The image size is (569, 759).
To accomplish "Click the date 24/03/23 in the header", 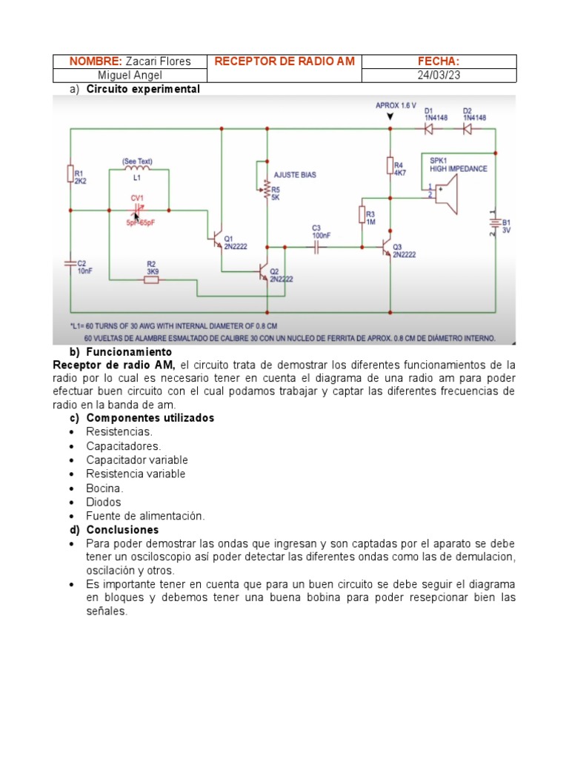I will pyautogui.click(x=439, y=75).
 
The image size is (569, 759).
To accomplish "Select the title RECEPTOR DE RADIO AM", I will pyautogui.click(x=284, y=61).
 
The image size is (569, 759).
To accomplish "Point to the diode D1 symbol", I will pyautogui.click(x=428, y=128).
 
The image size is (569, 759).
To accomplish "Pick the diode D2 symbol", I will pyautogui.click(x=467, y=128).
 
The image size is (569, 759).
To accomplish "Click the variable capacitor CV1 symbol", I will pyautogui.click(x=136, y=211).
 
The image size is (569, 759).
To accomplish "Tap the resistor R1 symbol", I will pyautogui.click(x=70, y=173).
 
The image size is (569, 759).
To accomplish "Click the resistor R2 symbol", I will pyautogui.click(x=150, y=279).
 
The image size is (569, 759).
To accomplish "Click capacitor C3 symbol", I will pyautogui.click(x=316, y=247).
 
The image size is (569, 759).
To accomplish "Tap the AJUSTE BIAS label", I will pyautogui.click(x=295, y=175).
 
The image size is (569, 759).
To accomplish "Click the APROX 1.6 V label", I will pyautogui.click(x=396, y=106).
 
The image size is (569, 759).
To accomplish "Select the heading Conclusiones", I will pyautogui.click(x=122, y=530).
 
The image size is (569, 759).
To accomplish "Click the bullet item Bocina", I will pyautogui.click(x=104, y=488).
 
